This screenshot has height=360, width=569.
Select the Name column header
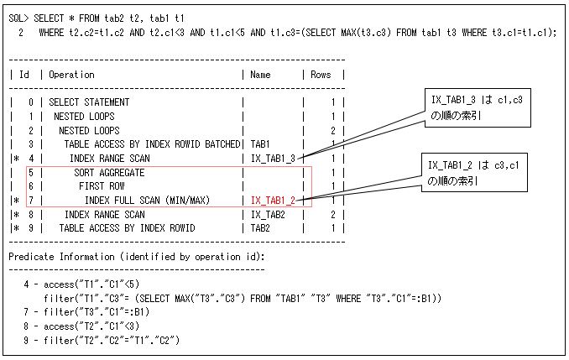pyautogui.click(x=260, y=75)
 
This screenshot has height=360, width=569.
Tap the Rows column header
pyautogui.click(x=322, y=75)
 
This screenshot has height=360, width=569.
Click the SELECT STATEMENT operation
pyautogui.click(x=89, y=102)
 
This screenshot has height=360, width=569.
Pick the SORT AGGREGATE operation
pyautogui.click(x=109, y=172)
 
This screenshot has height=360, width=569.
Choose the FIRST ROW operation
pyautogui.click(x=103, y=185)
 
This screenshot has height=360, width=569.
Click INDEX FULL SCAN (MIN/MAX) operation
pyautogui.click(x=147, y=200)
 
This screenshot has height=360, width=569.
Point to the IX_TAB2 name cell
pyautogui.click(x=266, y=214)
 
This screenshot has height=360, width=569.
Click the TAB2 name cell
pyautogui.click(x=260, y=227)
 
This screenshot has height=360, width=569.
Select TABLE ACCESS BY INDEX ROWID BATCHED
pyautogui.click(x=152, y=144)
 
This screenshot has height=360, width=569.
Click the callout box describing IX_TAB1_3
pyautogui.click(x=476, y=107)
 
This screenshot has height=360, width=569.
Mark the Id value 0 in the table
pyautogui.click(x=31, y=102)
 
